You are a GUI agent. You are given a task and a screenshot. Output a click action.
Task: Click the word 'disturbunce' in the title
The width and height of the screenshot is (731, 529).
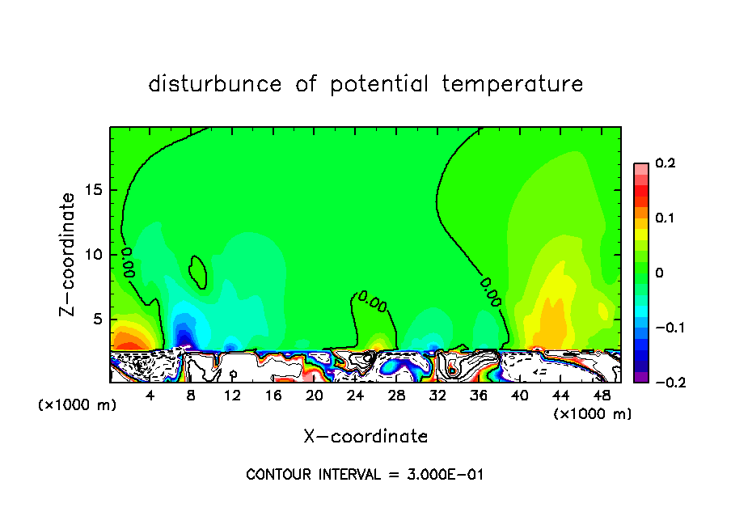[215, 83]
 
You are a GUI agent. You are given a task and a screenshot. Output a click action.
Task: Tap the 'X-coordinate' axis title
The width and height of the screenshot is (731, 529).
[365, 437]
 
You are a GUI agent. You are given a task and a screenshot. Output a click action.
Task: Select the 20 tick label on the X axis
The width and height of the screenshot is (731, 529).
[315, 396]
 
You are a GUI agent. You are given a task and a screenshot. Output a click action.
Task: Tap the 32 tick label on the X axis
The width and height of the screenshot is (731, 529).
[437, 396]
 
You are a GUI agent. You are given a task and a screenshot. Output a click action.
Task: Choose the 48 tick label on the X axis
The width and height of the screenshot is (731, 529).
[601, 396]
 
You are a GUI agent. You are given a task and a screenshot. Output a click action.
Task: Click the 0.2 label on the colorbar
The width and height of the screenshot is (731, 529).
[665, 163]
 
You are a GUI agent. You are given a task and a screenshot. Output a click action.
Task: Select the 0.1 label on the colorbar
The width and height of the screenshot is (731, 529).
[665, 218]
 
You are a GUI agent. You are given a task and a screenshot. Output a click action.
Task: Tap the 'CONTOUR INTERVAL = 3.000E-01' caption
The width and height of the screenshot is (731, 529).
[365, 475]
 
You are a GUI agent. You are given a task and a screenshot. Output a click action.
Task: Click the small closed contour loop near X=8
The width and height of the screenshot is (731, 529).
[198, 272]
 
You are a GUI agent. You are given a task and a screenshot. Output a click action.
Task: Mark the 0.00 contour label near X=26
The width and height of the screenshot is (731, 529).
[373, 302]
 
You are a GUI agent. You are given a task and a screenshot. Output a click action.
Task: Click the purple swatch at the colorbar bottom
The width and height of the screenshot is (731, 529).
[640, 376]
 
